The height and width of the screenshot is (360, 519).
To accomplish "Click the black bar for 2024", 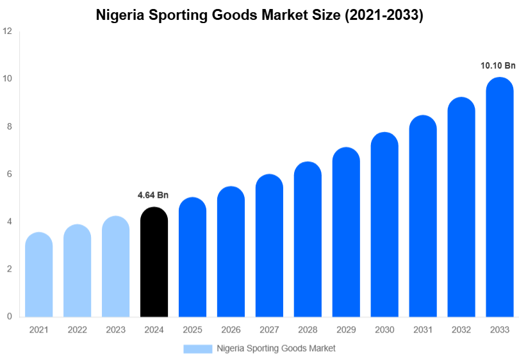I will pyautogui.click(x=154, y=263).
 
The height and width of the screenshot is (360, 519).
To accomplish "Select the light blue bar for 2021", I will pyautogui.click(x=38, y=275).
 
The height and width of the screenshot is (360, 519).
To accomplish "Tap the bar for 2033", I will pyautogui.click(x=500, y=199).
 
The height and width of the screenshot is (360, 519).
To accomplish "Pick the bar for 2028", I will pyautogui.click(x=308, y=240).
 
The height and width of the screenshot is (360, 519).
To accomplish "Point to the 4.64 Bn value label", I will pyautogui.click(x=153, y=195).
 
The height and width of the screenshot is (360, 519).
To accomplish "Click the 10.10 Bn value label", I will pyautogui.click(x=498, y=65).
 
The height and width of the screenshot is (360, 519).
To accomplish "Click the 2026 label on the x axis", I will pyautogui.click(x=231, y=330).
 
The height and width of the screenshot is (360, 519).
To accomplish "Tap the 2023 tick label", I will pyautogui.click(x=115, y=330).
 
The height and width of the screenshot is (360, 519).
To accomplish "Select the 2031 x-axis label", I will pyautogui.click(x=423, y=330).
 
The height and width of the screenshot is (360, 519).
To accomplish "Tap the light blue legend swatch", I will pyautogui.click(x=197, y=348).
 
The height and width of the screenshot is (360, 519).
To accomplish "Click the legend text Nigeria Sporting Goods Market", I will pyautogui.click(x=276, y=348).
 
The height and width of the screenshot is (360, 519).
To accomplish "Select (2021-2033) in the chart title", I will pyautogui.click(x=384, y=15).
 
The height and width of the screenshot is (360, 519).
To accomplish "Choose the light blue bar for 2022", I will pyautogui.click(x=77, y=272).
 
